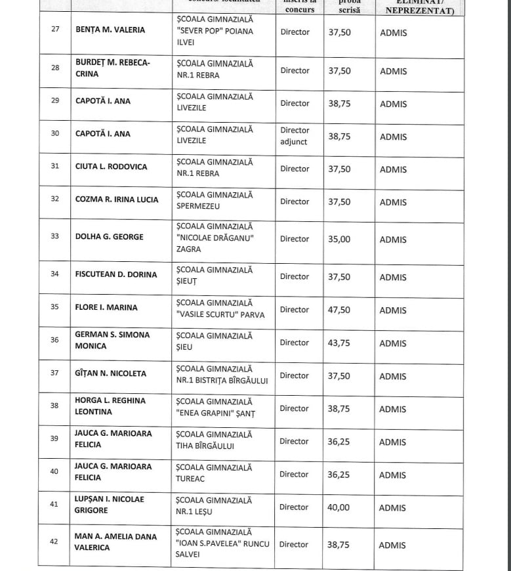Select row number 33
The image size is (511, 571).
coord(54,237)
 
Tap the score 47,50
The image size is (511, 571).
coord(338,310)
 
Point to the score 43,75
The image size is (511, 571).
coord(338,343)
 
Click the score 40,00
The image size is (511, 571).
coord(338,507)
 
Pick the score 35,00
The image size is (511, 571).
coord(338,240)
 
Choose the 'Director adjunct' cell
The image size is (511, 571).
coord(295,136)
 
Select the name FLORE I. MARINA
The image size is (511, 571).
coord(106,307)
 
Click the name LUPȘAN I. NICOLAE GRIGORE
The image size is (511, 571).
coord(110,505)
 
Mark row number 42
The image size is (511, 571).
coord(54,541)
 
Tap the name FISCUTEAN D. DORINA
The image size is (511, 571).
coord(116,274)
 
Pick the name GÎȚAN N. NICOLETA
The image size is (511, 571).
coord(111,373)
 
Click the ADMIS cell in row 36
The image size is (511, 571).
coord(393,343)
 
